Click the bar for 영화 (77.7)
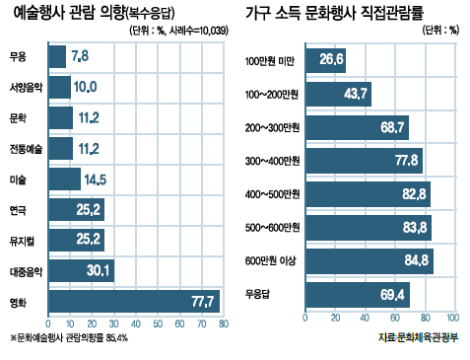point(134,301)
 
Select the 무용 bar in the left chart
point(57,56)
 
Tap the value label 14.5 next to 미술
point(96,180)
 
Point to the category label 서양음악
point(26,87)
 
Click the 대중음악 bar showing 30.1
point(82,270)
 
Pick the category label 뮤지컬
point(22,241)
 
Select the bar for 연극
point(77,209)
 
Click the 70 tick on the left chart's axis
point(202,324)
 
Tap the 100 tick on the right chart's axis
point(453,318)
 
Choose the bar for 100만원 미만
point(325,60)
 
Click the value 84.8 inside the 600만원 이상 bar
point(417,260)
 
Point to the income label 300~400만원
point(272,161)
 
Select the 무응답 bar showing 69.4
point(358,295)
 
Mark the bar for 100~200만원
point(339,94)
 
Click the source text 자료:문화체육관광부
point(418,337)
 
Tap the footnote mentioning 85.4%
point(69,337)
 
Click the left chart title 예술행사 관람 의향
point(69,13)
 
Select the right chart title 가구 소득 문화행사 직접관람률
point(335,13)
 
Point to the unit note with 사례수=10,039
point(179,31)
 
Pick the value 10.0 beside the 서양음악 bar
point(85,87)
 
